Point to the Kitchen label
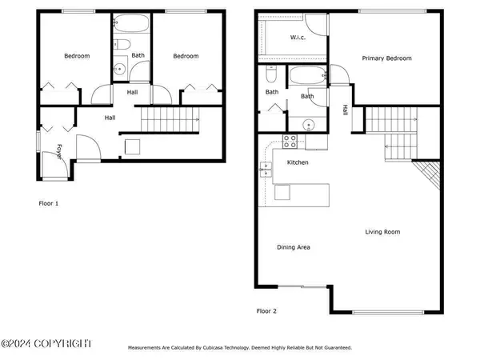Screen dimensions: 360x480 click(x=298, y=162)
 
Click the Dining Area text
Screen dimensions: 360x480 click(x=294, y=247)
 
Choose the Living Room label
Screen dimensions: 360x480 click(x=382, y=232)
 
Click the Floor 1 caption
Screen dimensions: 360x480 click(x=49, y=203)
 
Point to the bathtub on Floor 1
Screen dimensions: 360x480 click(x=131, y=25)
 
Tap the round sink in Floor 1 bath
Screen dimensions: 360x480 click(x=118, y=69)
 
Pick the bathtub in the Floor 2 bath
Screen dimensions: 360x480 click(x=307, y=78)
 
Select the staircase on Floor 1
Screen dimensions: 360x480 click(x=170, y=122)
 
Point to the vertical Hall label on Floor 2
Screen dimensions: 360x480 click(x=345, y=110)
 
